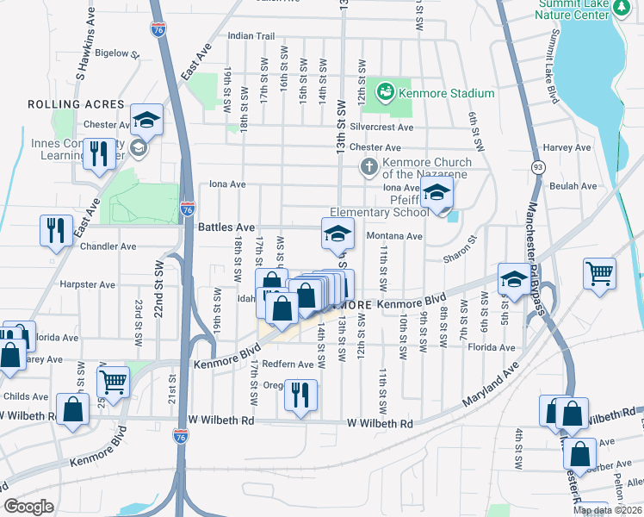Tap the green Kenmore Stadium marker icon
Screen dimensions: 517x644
(385, 90)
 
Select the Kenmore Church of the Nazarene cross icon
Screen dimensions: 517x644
(368, 165)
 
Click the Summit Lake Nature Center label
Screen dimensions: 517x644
(573, 9)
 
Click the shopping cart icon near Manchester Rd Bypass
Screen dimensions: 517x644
(600, 275)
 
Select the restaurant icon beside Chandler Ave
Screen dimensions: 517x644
(56, 230)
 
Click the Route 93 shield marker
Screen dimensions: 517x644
(538, 166)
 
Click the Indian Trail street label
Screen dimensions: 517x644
(251, 36)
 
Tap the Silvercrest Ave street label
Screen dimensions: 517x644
(382, 127)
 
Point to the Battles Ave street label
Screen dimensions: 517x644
(226, 227)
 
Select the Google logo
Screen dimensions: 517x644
(29, 507)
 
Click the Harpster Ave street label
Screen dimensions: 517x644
(87, 284)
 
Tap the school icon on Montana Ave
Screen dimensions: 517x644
(338, 232)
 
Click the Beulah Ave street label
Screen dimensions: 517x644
(576, 186)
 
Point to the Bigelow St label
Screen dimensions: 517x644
(117, 53)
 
